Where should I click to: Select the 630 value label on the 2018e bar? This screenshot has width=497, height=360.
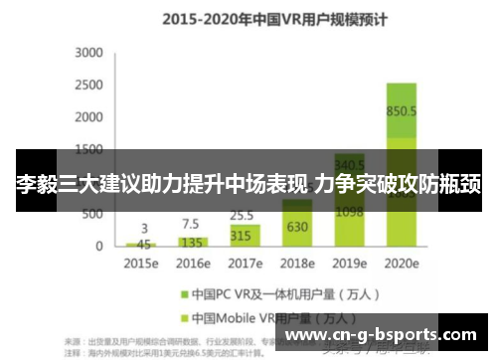[x=297, y=227]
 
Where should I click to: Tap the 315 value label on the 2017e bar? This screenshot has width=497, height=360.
[x=242, y=236]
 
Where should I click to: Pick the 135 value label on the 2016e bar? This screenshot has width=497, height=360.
[x=193, y=241]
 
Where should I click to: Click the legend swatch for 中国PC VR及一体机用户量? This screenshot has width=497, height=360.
[x=185, y=294]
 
